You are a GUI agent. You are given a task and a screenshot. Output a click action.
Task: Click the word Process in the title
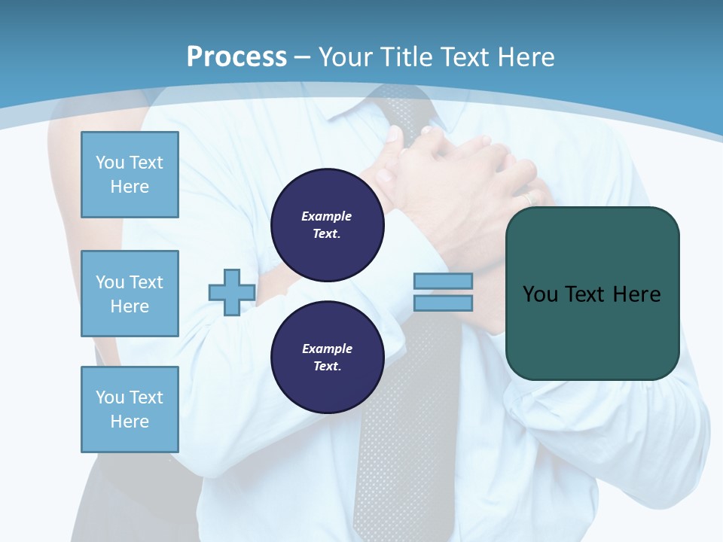point(236,57)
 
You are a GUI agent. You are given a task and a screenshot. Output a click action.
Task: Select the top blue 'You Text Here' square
point(130,175)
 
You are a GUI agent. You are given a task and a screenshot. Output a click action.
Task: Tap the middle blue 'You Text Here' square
point(130,294)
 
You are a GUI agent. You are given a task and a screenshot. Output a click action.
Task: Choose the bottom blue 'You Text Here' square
point(130,410)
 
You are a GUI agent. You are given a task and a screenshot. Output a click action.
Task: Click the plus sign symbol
point(231,292)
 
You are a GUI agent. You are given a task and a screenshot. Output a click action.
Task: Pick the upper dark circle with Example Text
point(327,225)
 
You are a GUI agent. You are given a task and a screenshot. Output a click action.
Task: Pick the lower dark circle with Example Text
point(327,358)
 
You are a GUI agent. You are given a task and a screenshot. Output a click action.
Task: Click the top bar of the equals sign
point(443,282)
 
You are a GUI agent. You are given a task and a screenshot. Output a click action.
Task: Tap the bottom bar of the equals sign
point(443,303)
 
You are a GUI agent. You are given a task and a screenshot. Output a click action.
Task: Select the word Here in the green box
point(637,294)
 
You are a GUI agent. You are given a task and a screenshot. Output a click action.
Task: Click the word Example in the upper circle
point(327,216)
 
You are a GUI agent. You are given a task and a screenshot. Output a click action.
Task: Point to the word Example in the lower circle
point(327,349)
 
